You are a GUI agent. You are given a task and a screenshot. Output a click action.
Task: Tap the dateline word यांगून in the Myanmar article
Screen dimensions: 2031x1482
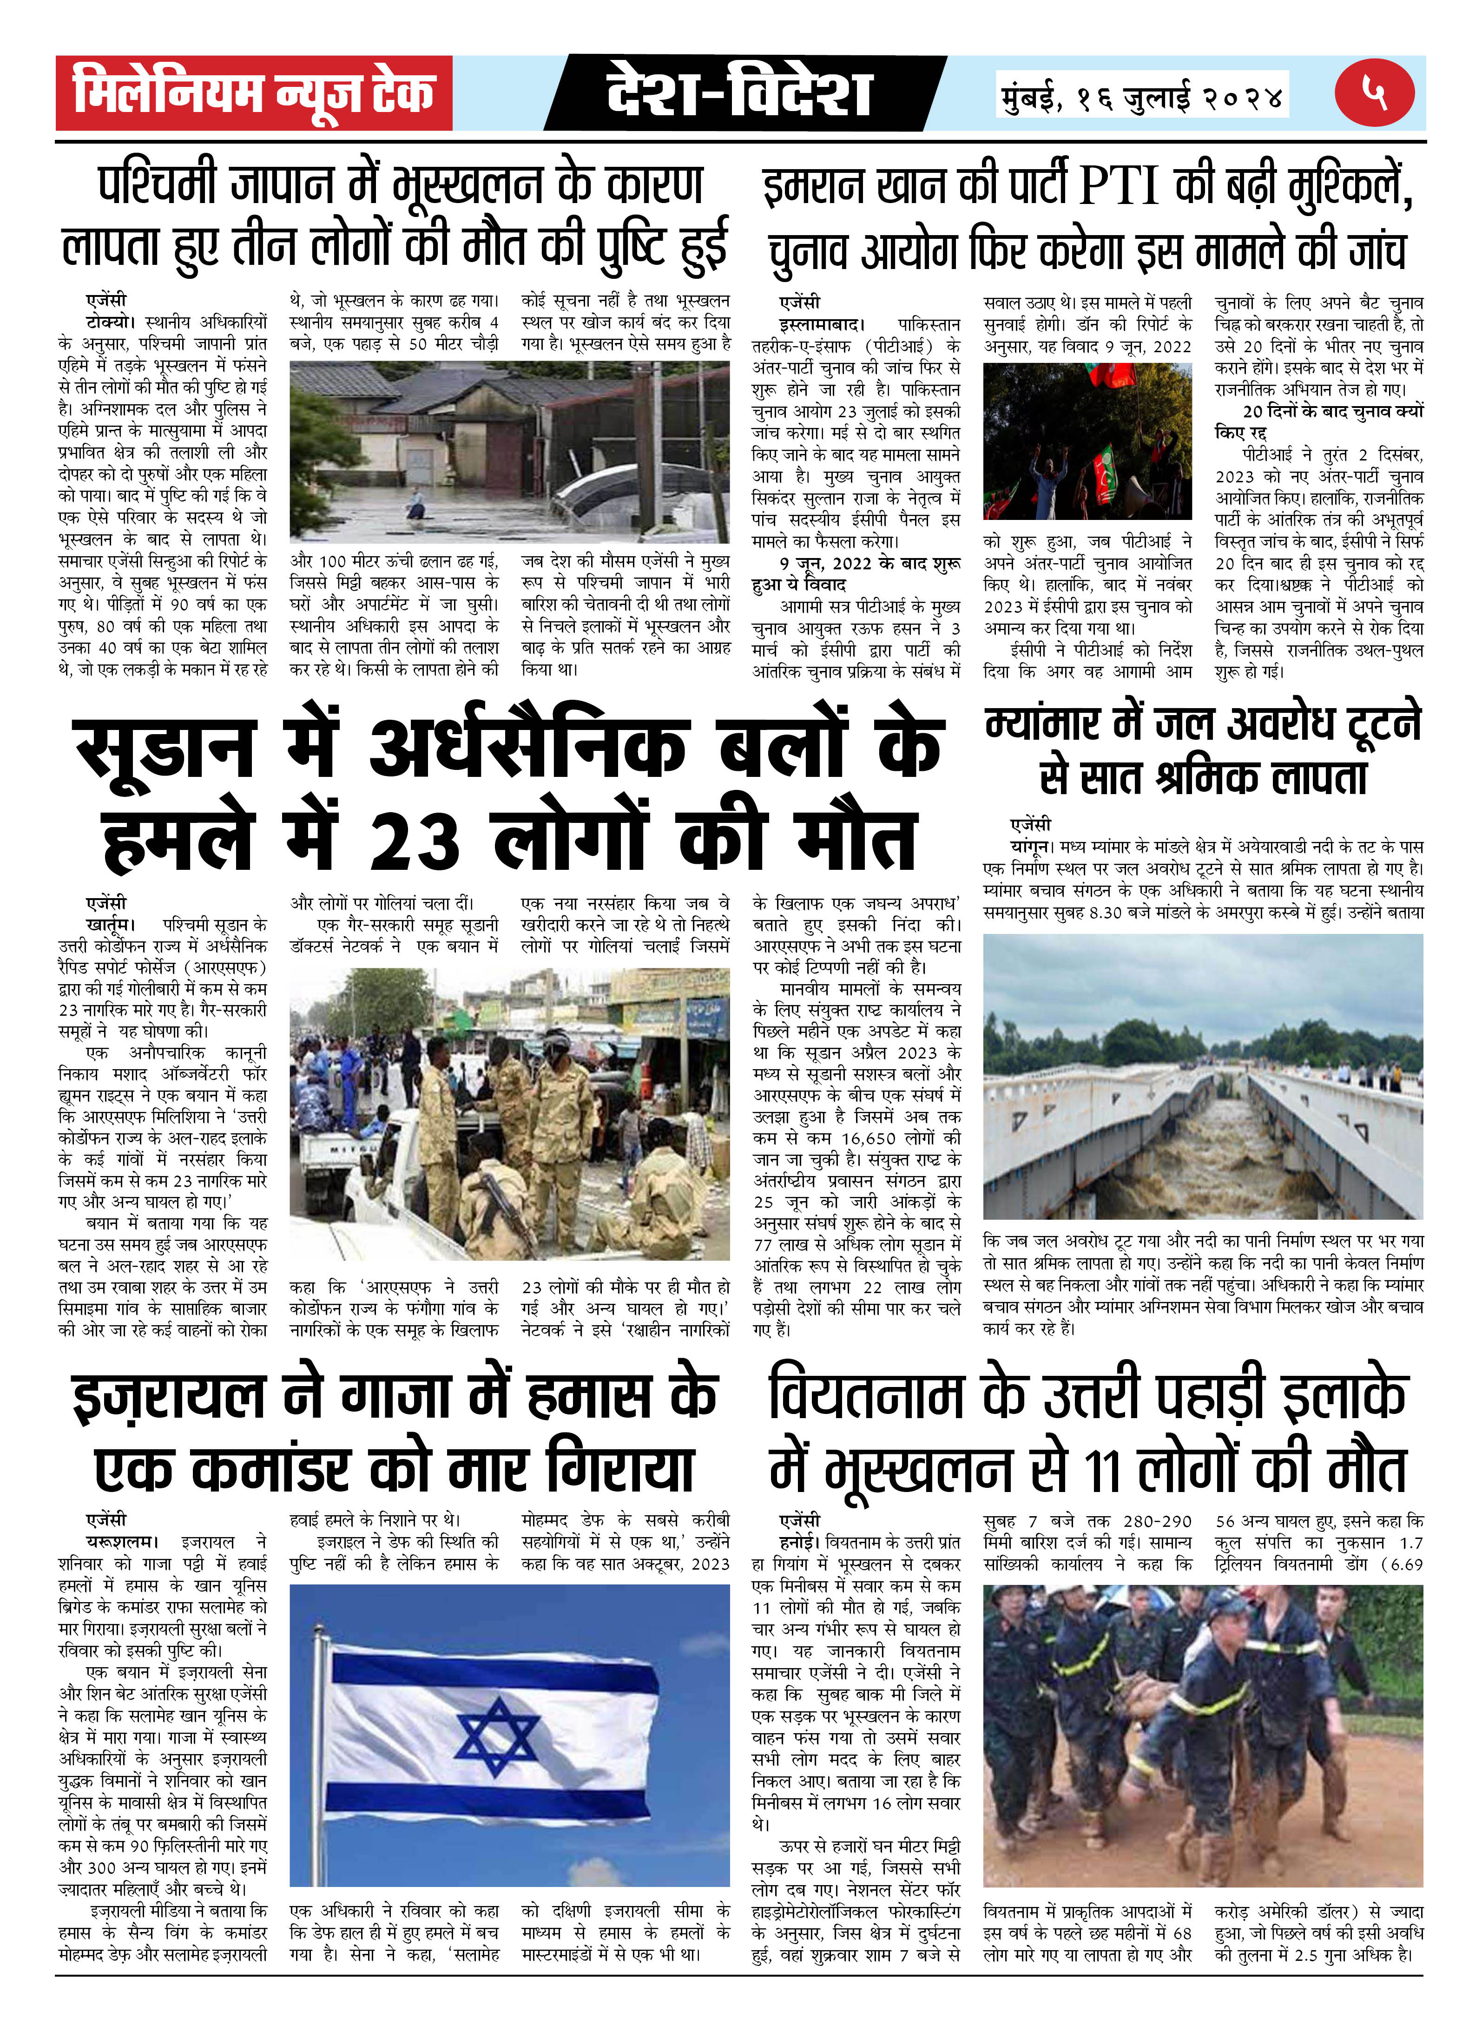1030,846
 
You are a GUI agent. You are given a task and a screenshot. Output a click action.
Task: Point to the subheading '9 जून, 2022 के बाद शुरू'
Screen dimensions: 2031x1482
870,563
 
